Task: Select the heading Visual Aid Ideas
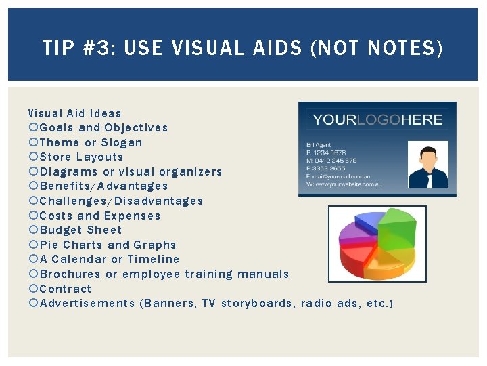point(75,113)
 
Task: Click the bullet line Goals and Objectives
point(103,127)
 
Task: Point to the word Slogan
point(122,142)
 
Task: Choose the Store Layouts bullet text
point(82,157)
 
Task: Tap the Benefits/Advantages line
point(103,186)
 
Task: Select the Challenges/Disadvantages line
point(121,201)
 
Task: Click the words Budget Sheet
point(81,230)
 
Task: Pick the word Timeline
point(154,259)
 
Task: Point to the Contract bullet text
point(66,288)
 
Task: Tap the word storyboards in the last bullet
point(258,303)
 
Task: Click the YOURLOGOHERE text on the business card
point(377,120)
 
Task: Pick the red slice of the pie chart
point(358,258)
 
